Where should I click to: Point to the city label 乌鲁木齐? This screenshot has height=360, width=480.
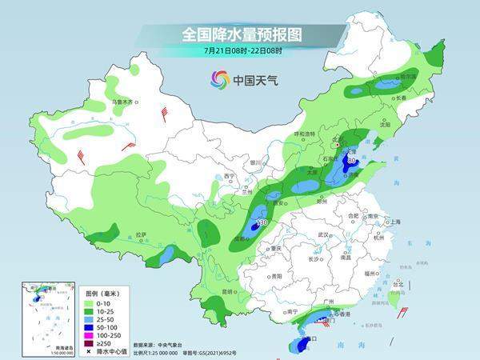point(125,102)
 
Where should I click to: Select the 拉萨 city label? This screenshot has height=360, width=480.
point(141,234)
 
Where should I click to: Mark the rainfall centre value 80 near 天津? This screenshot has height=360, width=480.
point(352,161)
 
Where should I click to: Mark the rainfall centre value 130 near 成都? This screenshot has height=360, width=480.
point(261,222)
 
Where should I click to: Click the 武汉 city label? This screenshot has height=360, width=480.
point(324,234)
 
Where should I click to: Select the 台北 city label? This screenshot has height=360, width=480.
point(397,282)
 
